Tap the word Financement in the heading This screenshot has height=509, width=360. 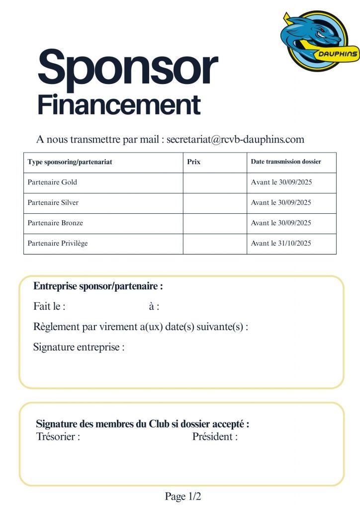[x=119, y=105]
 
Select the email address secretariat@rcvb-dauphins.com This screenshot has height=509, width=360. [x=235, y=139]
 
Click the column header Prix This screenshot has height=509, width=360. [x=193, y=162]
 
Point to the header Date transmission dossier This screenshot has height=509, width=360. [x=286, y=162]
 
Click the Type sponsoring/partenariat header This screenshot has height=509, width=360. [x=73, y=162]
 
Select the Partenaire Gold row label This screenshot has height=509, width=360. [x=52, y=182]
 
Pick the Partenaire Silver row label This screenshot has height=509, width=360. [x=53, y=203]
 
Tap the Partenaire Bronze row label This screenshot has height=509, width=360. [x=55, y=223]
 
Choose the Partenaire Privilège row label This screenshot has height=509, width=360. [x=58, y=244]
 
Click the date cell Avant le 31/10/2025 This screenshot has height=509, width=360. [x=281, y=244]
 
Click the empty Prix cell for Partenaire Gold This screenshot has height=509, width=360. [x=215, y=182]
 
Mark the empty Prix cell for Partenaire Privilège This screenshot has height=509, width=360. [x=215, y=244]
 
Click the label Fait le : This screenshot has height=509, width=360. [x=49, y=307]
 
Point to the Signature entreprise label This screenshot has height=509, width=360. [x=79, y=347]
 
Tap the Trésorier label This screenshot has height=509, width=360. [x=58, y=437]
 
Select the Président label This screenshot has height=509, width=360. [x=215, y=437]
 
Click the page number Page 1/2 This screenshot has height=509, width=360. [x=182, y=496]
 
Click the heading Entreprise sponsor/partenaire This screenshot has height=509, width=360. [x=98, y=286]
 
